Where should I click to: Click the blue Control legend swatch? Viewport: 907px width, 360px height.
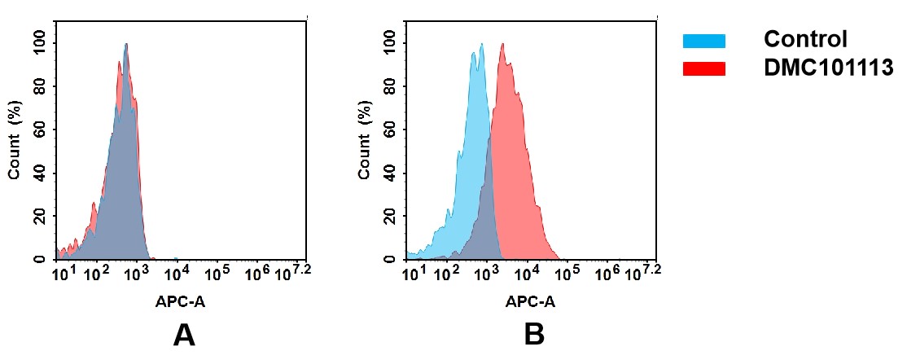point(703,41)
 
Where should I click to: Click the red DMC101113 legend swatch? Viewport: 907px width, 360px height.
point(703,68)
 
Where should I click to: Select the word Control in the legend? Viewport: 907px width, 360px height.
point(805,39)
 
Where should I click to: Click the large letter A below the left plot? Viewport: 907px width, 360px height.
point(184,335)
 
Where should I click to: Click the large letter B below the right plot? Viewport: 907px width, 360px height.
point(533,335)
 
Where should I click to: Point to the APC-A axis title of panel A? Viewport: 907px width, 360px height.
point(181,301)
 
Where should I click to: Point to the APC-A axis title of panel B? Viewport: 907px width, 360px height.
point(530,301)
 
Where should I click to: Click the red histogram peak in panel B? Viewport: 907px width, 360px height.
point(503,46)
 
